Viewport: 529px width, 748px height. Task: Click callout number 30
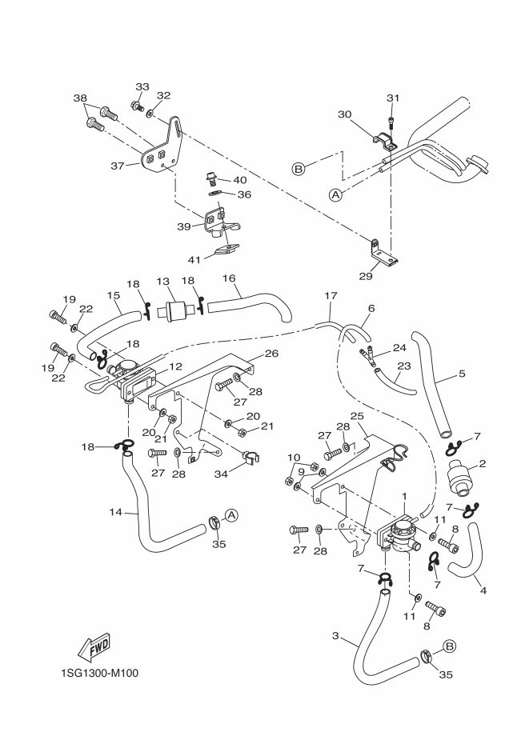click(344, 114)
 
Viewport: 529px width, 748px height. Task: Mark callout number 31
click(393, 98)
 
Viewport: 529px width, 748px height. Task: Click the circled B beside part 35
click(449, 646)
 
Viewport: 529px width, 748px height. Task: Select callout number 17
click(329, 296)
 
